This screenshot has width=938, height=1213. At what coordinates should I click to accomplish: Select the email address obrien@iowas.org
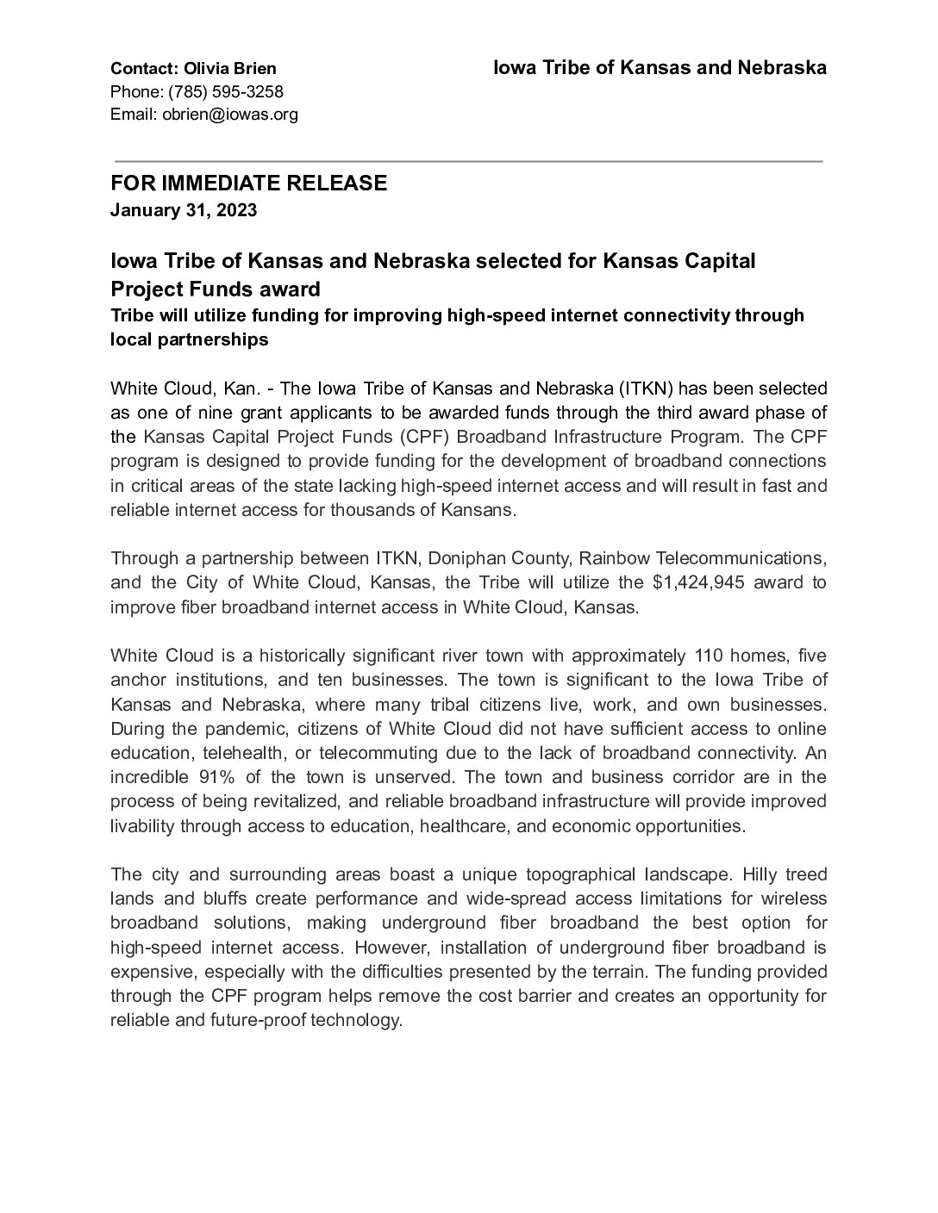(x=230, y=114)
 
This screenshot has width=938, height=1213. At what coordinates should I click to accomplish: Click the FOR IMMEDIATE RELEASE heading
(x=248, y=184)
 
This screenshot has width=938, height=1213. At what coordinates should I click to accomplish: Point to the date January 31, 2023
(x=184, y=209)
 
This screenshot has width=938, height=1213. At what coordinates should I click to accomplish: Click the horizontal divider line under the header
(x=468, y=161)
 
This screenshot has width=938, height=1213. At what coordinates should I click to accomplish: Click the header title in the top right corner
(x=660, y=67)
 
